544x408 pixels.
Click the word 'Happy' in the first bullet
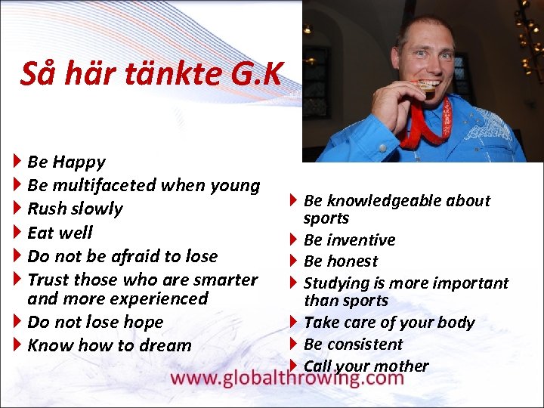tap(79, 162)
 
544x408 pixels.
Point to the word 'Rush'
tap(46, 209)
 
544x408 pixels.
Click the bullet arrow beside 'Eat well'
tap(17, 232)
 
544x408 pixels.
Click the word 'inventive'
tap(361, 240)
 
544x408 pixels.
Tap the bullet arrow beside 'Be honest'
tap(294, 261)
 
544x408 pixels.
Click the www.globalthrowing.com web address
tap(288, 378)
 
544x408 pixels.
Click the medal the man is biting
tap(427, 88)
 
